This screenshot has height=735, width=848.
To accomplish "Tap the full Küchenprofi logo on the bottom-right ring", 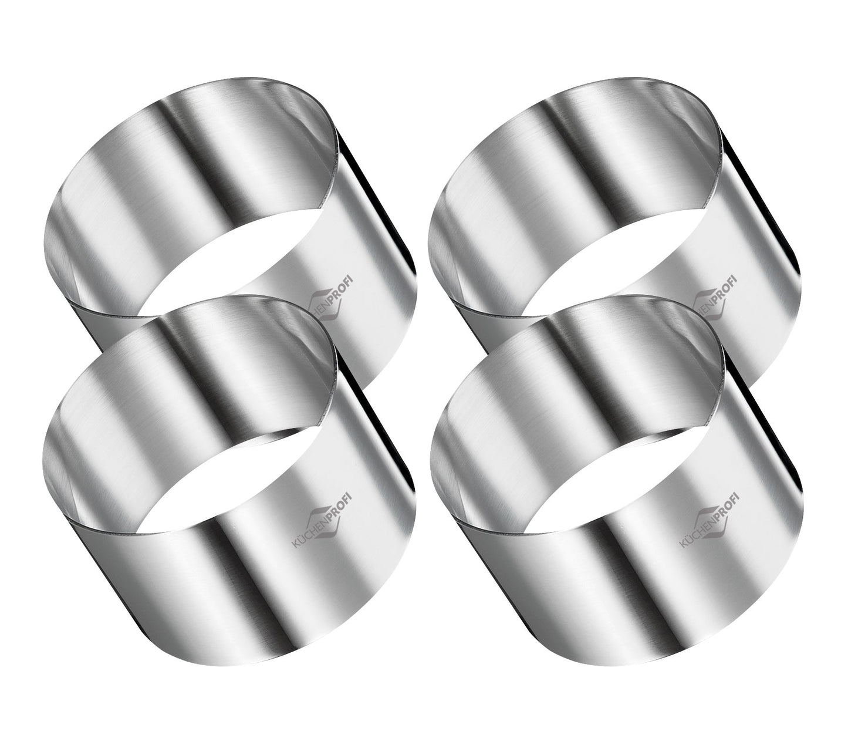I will click(x=710, y=517).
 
